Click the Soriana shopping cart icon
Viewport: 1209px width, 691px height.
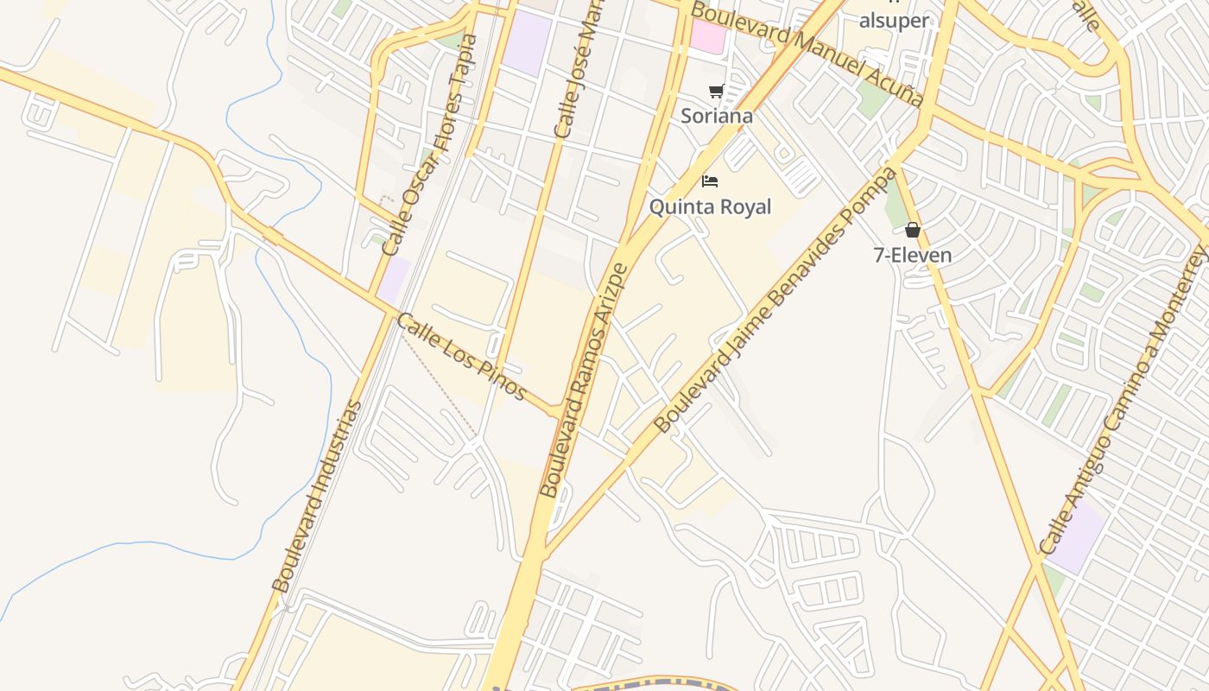716,92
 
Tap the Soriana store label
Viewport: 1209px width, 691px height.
716,116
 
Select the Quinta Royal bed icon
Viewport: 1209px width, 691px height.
710,181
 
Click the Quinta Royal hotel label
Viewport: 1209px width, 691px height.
710,207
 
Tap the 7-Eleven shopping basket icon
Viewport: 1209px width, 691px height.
913,230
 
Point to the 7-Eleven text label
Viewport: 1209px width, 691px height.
913,256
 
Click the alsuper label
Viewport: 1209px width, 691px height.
894,21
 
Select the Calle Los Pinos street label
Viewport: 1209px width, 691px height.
461,356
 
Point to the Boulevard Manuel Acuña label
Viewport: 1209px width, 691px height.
807,54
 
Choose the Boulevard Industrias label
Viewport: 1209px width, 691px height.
316,495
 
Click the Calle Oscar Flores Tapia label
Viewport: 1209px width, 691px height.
429,145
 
